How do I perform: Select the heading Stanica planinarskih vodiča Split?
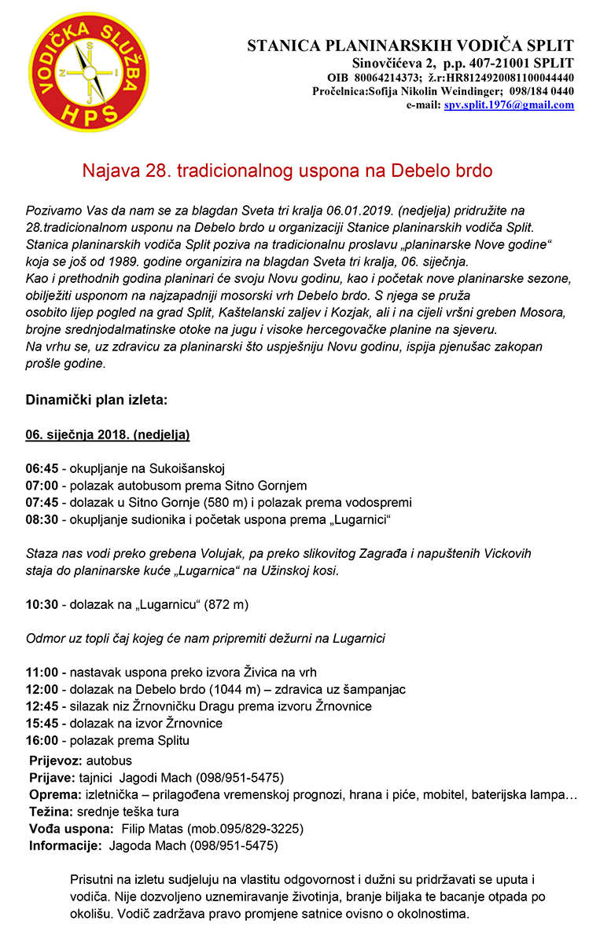[410, 46]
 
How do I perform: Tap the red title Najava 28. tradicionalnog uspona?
[288, 170]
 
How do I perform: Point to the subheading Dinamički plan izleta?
[97, 400]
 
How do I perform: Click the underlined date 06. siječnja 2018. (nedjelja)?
[108, 434]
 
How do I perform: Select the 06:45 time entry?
[40, 469]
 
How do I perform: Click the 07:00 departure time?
[40, 486]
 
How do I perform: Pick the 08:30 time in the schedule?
[40, 520]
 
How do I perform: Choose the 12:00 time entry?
[40, 689]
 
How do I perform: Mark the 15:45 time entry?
[40, 723]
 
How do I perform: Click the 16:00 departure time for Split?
[40, 740]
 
